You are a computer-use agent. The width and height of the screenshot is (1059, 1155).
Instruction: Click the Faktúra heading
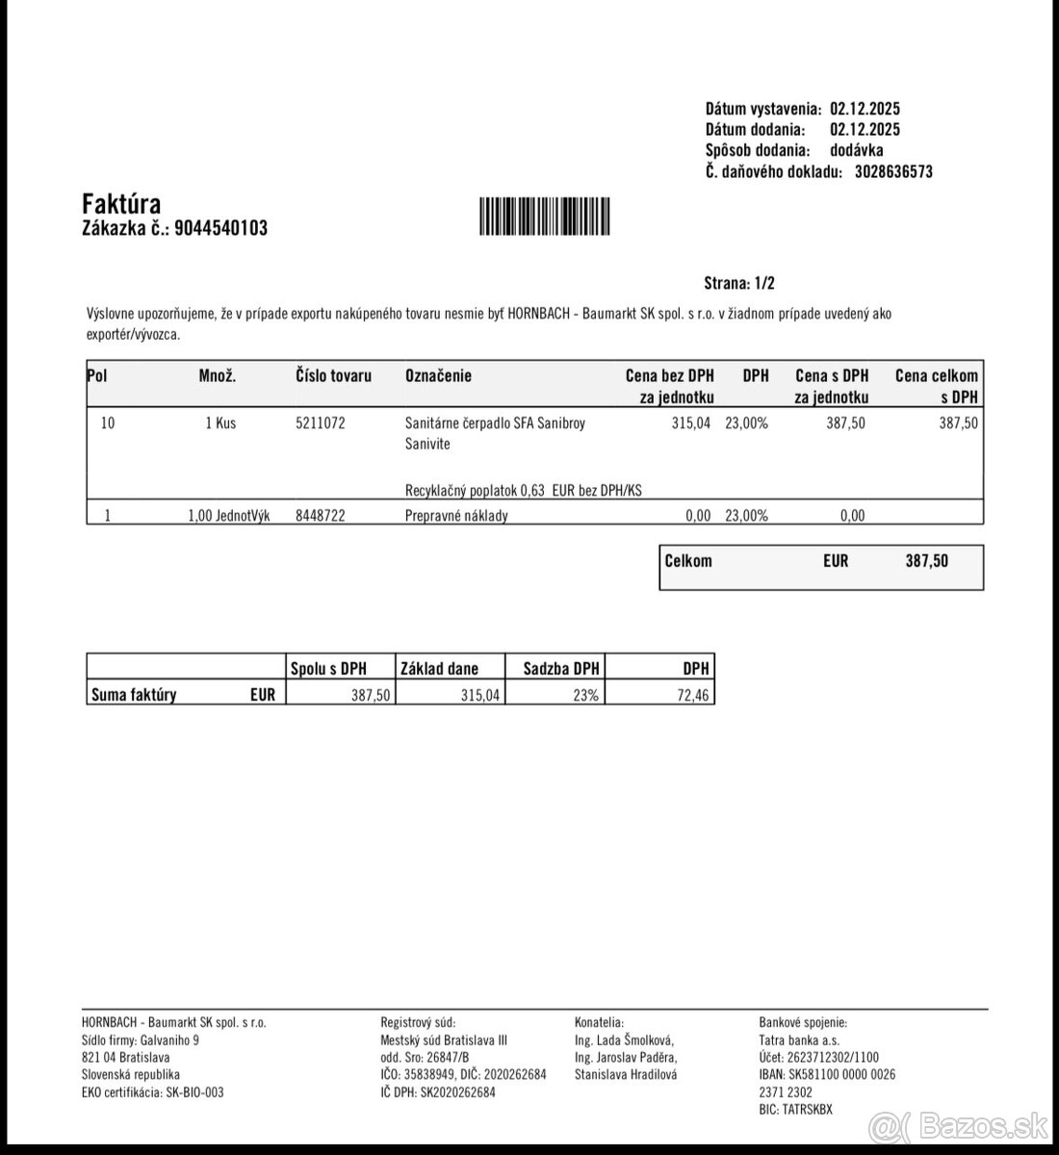click(x=121, y=204)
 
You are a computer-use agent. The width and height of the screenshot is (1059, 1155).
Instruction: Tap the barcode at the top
click(x=544, y=217)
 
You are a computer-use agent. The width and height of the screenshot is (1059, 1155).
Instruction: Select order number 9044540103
click(x=221, y=228)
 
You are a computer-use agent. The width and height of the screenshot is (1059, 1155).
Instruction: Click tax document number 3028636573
click(x=893, y=172)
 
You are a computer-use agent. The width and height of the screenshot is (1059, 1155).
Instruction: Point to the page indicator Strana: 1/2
click(x=739, y=283)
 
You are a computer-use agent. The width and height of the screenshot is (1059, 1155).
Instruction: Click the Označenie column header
click(x=438, y=376)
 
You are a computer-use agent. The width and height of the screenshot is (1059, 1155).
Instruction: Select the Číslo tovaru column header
click(x=333, y=376)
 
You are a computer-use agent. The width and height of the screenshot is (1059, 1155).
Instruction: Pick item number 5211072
click(x=320, y=423)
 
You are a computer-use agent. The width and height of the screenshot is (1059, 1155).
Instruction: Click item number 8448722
click(x=320, y=515)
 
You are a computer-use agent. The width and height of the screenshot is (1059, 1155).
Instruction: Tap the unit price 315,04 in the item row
click(x=690, y=423)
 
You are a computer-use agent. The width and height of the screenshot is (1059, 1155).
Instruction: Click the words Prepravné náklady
click(x=456, y=515)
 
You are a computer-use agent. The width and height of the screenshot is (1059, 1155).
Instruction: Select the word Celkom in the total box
click(x=688, y=560)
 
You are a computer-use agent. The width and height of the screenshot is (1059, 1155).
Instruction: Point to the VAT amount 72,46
click(x=693, y=695)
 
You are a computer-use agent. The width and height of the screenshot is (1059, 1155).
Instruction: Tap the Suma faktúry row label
click(x=134, y=695)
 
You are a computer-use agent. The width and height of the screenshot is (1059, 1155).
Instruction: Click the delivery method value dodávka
click(x=856, y=151)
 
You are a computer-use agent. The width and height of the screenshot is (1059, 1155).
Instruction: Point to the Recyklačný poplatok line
click(x=524, y=491)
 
